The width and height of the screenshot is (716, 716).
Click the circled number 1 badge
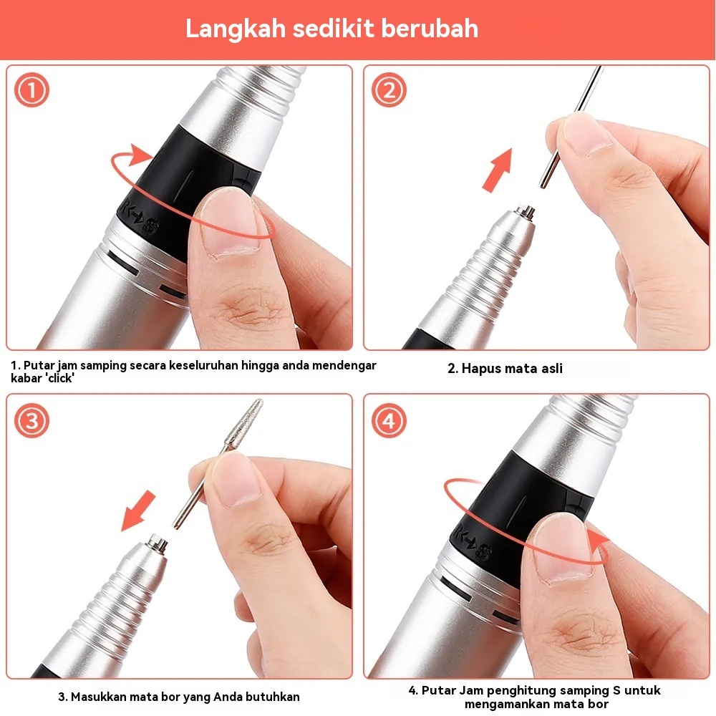click(x=32, y=90)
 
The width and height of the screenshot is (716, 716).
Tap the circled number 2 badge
click(x=389, y=90)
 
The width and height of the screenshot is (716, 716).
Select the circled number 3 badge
click(x=32, y=420)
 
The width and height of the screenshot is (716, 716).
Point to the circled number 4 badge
click(x=389, y=420)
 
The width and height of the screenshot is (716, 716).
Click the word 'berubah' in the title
click(x=429, y=29)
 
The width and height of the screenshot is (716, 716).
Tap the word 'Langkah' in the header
click(x=236, y=29)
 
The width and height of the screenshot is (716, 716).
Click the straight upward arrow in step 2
click(x=498, y=170)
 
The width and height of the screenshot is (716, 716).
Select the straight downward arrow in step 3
click(x=137, y=511)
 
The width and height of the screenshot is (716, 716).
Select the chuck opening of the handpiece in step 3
click(x=158, y=543)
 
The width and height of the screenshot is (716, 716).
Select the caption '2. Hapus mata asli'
click(x=505, y=369)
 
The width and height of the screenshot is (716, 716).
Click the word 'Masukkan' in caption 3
click(x=98, y=697)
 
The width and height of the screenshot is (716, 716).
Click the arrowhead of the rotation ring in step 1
click(x=138, y=155)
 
